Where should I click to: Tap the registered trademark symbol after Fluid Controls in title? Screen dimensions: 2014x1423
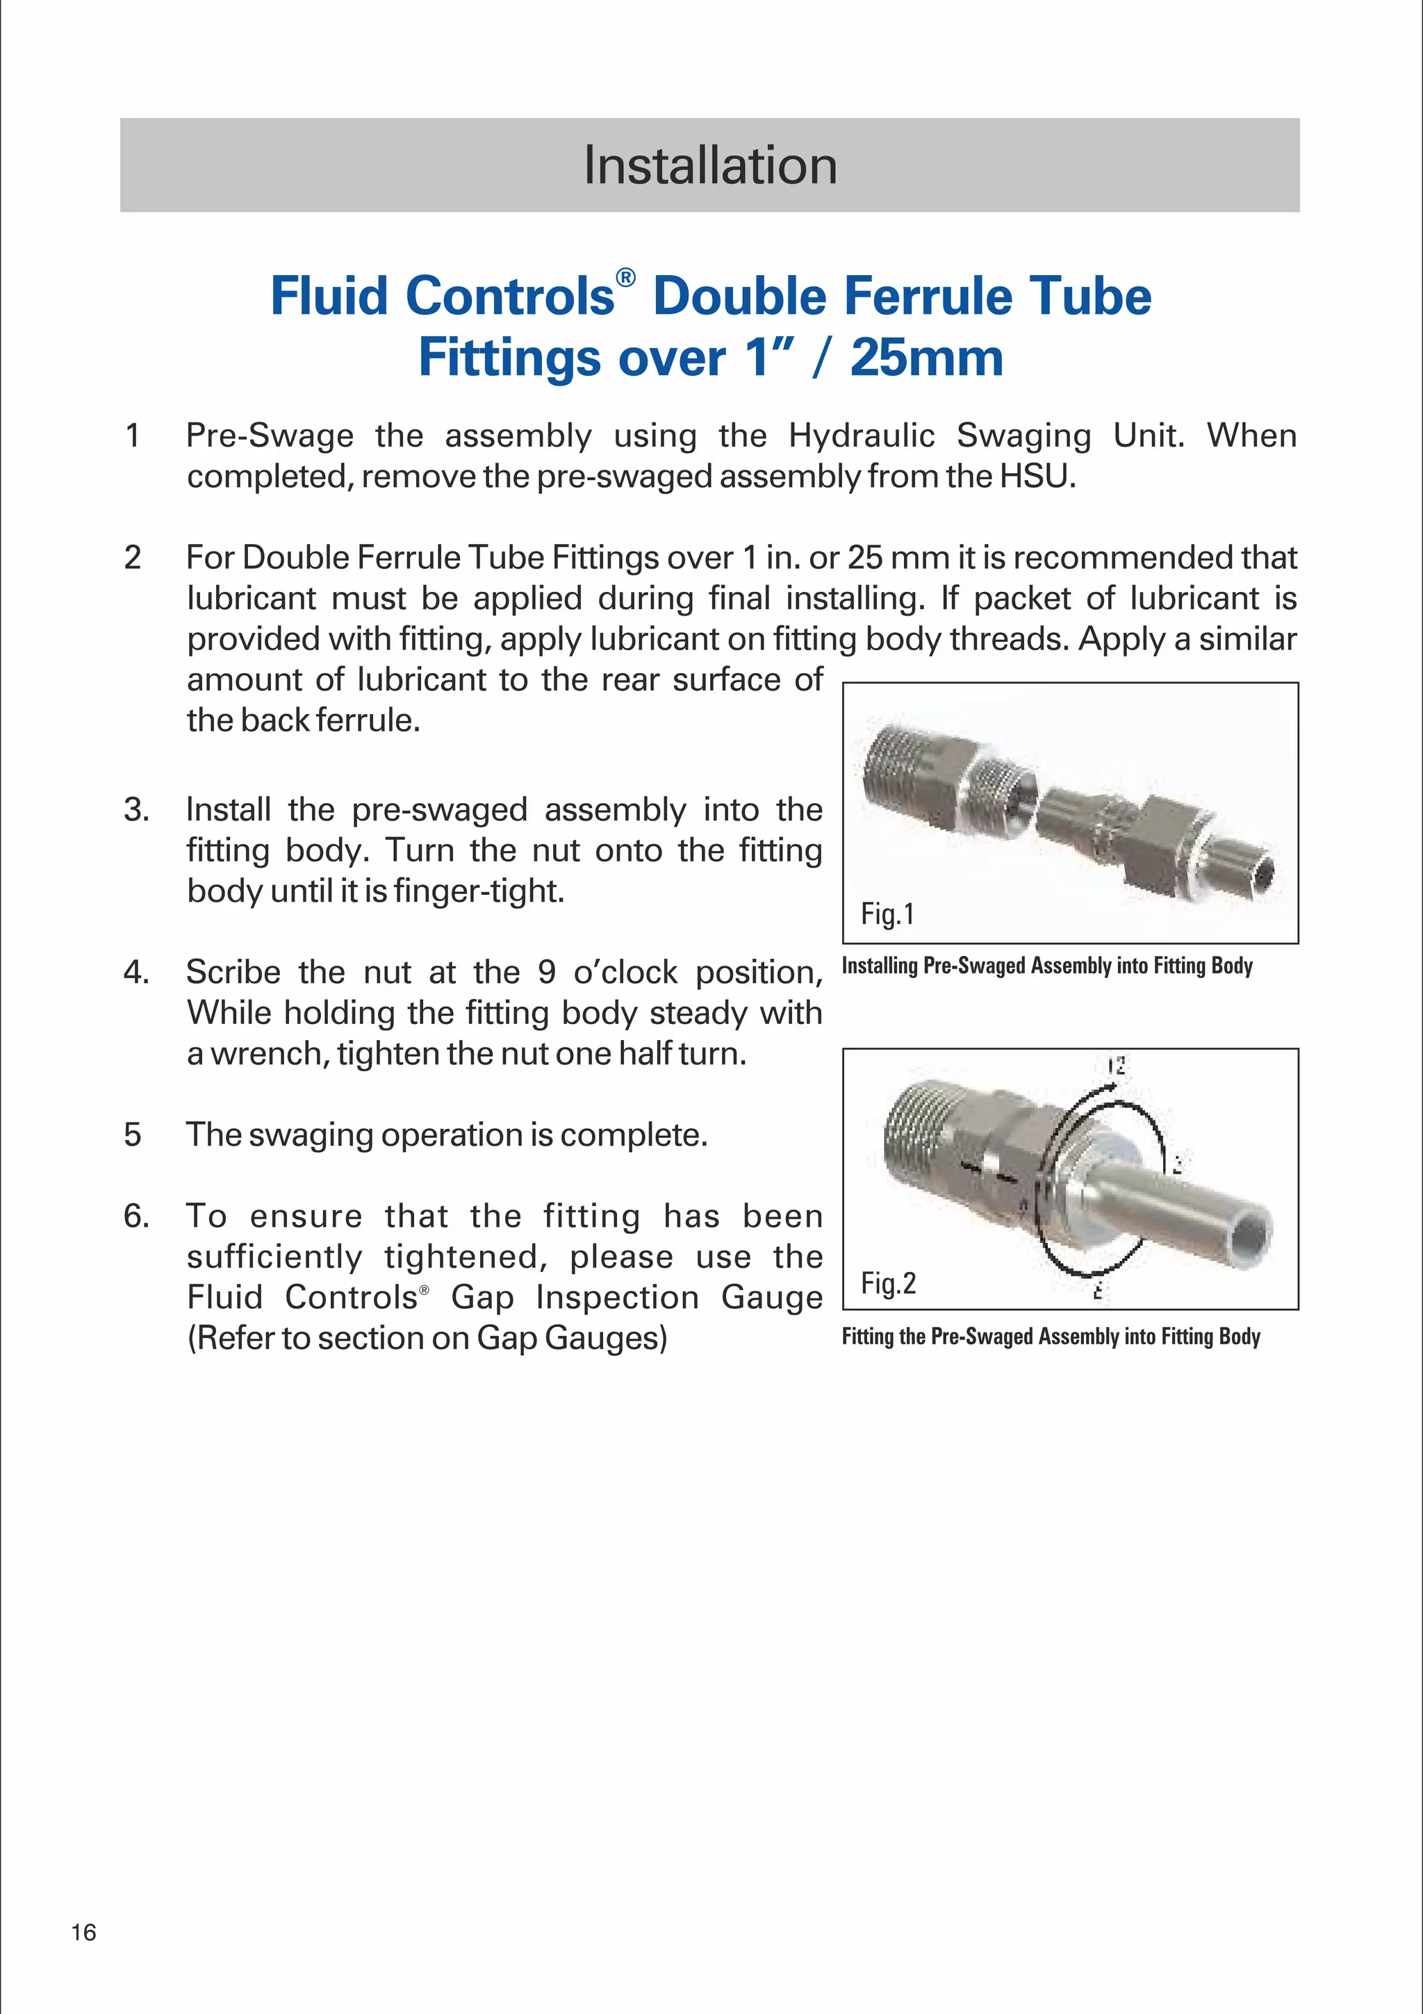[625, 278]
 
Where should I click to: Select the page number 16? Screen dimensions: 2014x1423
[83, 1956]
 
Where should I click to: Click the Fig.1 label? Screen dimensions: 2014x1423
[887, 914]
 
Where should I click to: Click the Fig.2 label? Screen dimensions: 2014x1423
[888, 1283]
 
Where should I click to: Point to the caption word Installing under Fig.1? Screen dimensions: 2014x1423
[880, 966]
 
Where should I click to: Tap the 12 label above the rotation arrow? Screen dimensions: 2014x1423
[1115, 1066]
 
